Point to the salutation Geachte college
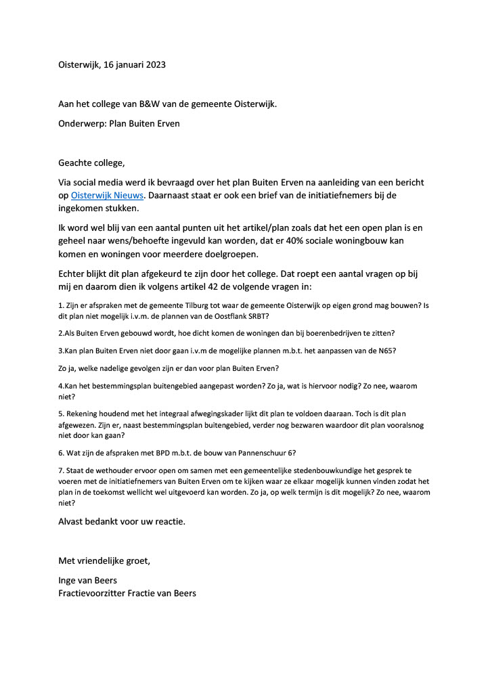coord(91,163)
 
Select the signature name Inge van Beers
coord(87,581)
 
